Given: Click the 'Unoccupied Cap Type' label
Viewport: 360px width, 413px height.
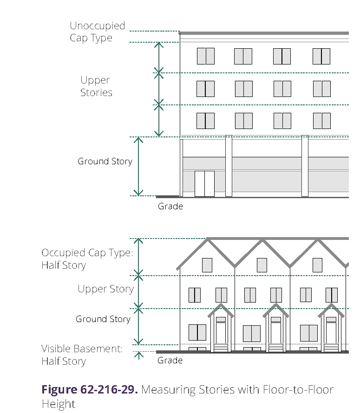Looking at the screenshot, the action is (97, 32).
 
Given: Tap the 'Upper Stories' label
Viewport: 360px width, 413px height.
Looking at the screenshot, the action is (96, 86).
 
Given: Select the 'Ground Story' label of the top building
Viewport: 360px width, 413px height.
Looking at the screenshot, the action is (105, 161).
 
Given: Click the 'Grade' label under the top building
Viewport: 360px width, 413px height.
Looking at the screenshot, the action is (170, 206).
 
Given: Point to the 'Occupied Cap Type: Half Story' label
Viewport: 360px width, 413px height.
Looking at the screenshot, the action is (87, 259).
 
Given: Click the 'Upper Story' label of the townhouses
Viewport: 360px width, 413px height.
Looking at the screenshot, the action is (105, 289).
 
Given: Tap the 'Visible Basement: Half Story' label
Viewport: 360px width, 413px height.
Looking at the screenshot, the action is (82, 355).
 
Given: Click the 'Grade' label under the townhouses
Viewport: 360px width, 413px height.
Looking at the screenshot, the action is (170, 360).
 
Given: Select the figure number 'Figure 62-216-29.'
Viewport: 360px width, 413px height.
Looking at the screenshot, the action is (90, 389).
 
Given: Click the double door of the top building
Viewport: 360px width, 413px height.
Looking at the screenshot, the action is (204, 183).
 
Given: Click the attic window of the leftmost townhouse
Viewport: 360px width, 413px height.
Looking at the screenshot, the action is (207, 265).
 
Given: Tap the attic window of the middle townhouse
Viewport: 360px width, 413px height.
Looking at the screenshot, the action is (262, 265).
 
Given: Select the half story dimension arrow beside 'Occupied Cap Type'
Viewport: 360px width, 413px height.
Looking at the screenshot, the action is (137, 257).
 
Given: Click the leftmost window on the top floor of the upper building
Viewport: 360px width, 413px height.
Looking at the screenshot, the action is (206, 56).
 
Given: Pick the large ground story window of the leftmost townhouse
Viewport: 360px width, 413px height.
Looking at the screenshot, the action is (197, 332).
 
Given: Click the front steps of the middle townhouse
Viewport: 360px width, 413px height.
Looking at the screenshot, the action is (276, 348).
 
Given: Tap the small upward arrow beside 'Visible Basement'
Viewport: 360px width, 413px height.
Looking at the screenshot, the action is (138, 355).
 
